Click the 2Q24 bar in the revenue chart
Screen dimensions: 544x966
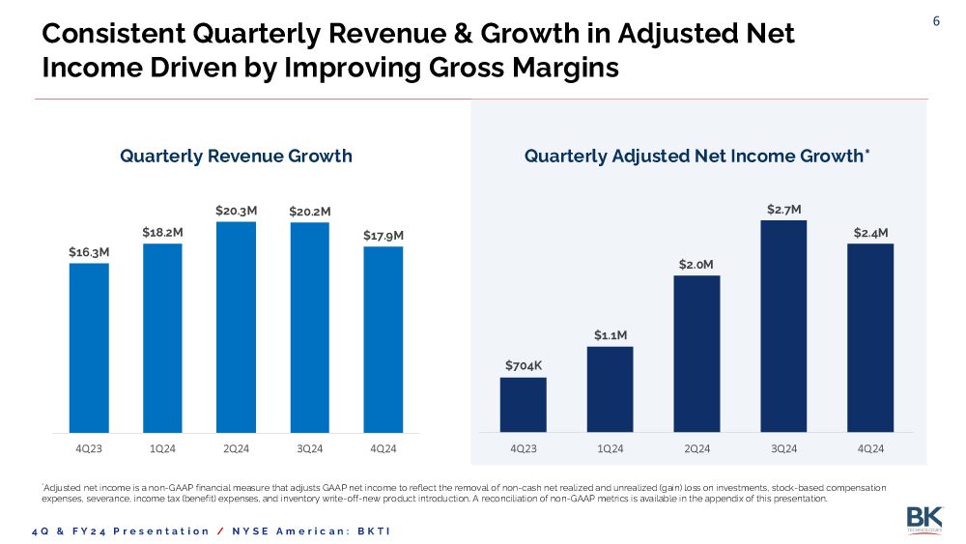(236, 327)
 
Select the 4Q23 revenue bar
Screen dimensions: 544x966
(89, 348)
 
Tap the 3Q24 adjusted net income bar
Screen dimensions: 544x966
(783, 326)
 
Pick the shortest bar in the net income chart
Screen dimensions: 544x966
(523, 404)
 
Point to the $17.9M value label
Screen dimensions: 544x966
(384, 235)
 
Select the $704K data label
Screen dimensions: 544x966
(524, 365)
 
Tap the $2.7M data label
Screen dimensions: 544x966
(783, 209)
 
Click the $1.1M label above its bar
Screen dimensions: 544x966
(610, 335)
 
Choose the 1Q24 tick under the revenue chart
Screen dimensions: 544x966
(162, 449)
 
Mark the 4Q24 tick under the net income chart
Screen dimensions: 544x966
(870, 449)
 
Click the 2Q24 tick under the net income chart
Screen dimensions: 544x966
(696, 449)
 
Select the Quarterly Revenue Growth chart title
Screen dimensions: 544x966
(236, 156)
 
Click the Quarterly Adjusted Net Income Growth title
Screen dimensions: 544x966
(696, 156)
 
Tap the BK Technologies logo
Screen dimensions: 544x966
(923, 519)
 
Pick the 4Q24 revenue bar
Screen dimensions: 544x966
(384, 339)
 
